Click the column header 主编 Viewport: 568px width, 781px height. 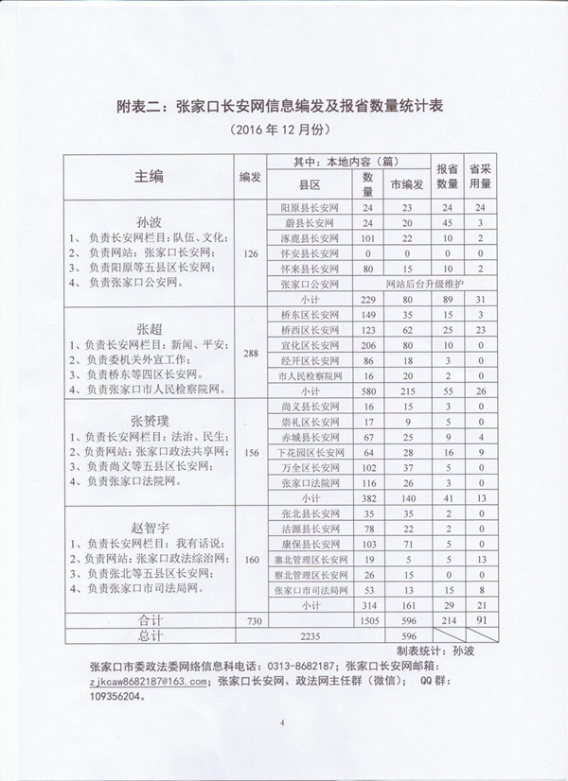150,177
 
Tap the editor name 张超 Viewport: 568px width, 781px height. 150,329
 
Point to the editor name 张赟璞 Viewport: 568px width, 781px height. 150,421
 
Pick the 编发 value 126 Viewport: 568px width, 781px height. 250,253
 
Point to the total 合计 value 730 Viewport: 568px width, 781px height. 250,621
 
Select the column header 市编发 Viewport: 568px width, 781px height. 407,185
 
